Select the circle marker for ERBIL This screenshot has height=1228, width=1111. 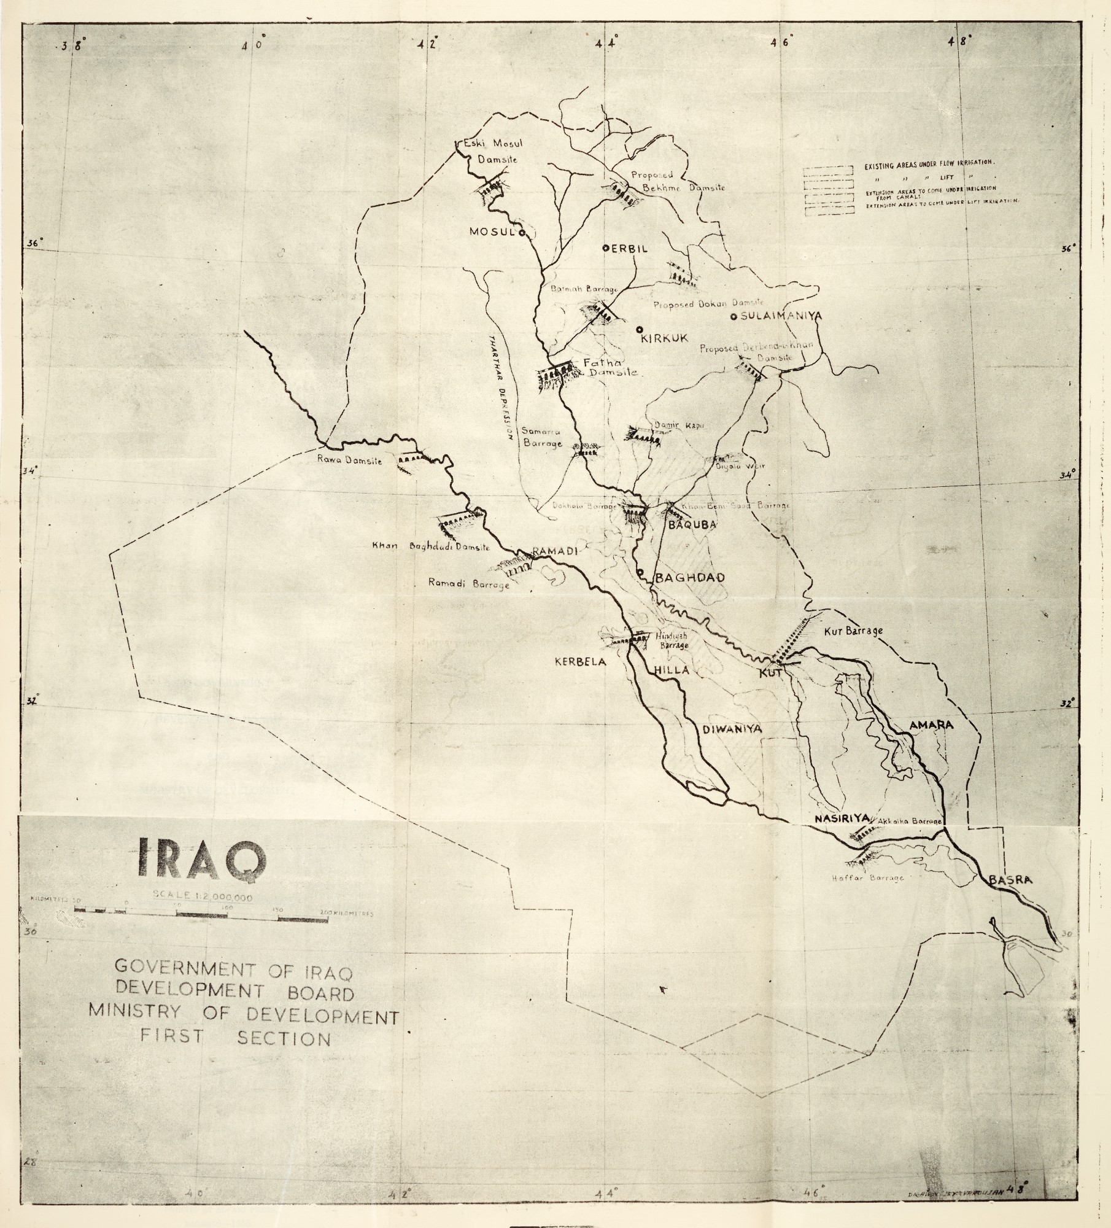pos(605,248)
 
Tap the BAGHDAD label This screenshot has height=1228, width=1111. pos(691,578)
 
